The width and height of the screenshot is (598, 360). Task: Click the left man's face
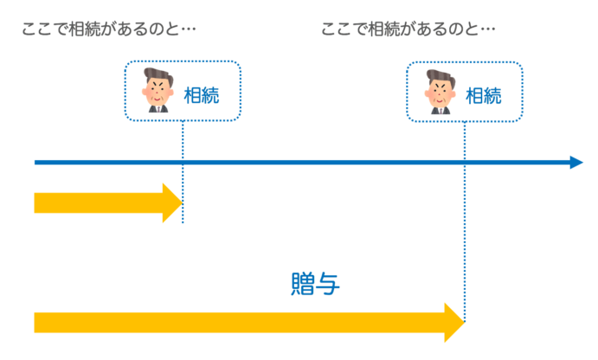[x=158, y=90]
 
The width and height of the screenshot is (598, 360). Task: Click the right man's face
[x=440, y=90]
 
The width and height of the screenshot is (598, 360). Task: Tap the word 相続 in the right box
[x=484, y=93]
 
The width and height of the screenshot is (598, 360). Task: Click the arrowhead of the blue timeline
[x=577, y=162]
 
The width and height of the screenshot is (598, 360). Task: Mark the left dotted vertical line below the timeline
[x=183, y=195]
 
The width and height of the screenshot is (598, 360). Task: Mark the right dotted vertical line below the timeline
[x=466, y=242]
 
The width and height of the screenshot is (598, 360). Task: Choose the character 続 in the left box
[x=210, y=93]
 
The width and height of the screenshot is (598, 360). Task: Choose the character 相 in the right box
[x=474, y=93]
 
